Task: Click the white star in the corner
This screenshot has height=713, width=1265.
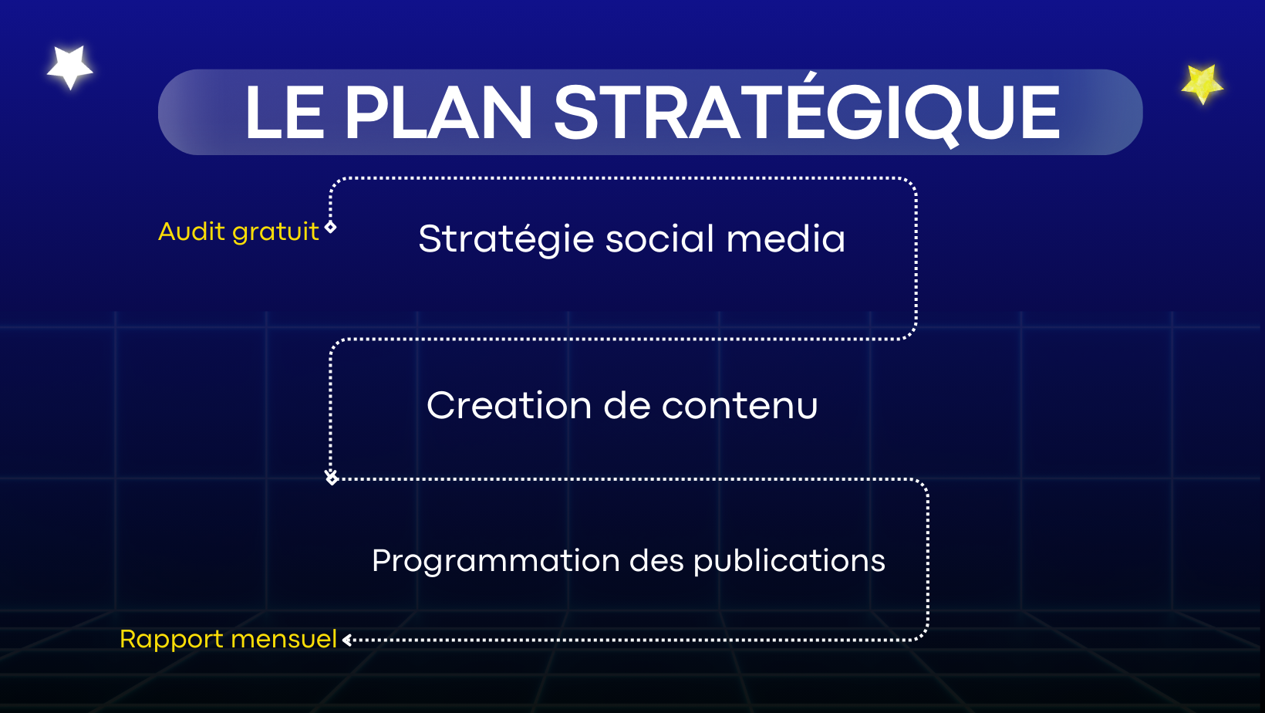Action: pos(70,67)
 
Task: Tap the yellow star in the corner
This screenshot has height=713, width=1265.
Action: pos(1202,83)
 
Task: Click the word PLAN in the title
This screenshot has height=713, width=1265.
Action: pos(438,112)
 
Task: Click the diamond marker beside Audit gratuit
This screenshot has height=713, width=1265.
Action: pos(331,227)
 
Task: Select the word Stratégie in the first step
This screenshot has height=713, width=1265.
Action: pos(506,239)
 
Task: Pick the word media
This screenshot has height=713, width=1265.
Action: pos(786,238)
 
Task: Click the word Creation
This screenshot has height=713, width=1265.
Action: pos(509,405)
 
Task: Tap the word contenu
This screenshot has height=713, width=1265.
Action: pos(739,407)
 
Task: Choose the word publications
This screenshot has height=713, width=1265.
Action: pos(789,562)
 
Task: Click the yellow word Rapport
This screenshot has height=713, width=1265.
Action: pos(171,640)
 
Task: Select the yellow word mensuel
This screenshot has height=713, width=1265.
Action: pos(284,639)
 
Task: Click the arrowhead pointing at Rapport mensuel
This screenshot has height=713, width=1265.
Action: pos(348,640)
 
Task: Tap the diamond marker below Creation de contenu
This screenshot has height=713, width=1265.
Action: pos(332,478)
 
